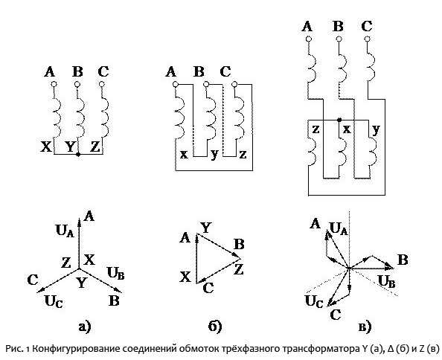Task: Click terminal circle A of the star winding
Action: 54,84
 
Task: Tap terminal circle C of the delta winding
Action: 234,84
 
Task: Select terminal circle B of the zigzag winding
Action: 339,39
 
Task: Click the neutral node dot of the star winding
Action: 78,155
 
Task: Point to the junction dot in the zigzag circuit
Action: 339,120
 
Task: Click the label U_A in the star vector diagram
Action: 65,231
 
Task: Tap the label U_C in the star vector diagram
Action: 54,302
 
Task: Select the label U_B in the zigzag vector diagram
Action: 386,281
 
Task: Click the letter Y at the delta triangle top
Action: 205,228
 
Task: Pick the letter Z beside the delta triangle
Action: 239,269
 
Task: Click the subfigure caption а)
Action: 85,327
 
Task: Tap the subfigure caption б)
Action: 215,327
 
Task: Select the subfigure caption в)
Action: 365,327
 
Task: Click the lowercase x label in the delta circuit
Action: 184,155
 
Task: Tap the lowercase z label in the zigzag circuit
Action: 316,129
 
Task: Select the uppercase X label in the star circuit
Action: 46,147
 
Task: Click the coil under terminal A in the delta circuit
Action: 179,119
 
